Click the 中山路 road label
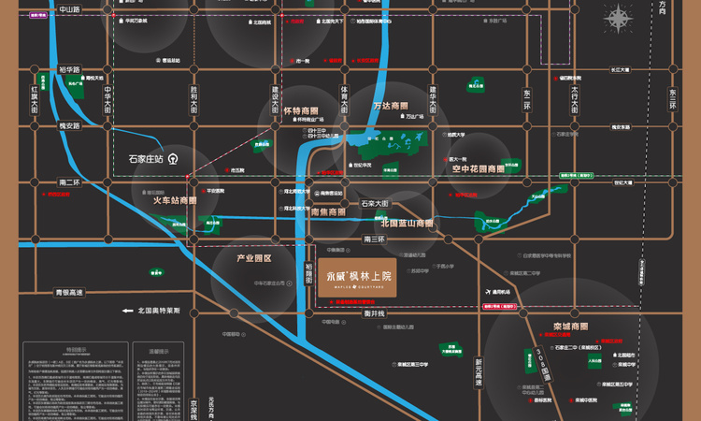click(69, 8)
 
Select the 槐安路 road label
click(69, 124)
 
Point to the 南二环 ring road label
click(69, 182)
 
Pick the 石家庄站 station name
click(146, 158)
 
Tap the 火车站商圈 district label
click(175, 200)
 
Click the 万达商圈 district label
click(392, 106)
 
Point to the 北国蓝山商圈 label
click(407, 224)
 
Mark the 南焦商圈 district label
click(327, 211)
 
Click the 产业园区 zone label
click(252, 257)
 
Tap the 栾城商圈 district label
click(570, 328)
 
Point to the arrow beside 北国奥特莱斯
click(124, 310)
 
